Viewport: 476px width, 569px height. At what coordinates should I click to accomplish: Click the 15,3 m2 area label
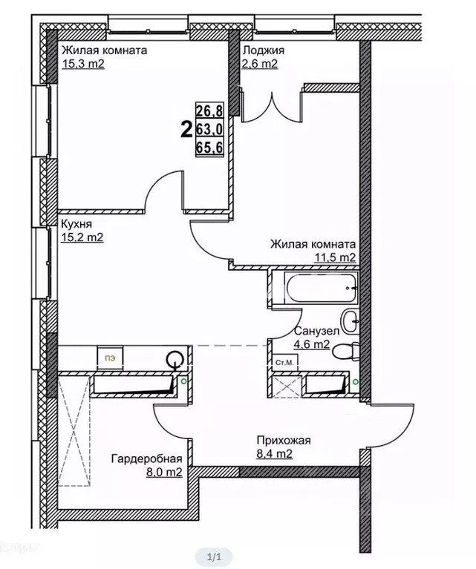click(83, 64)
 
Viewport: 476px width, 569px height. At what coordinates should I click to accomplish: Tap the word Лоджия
click(264, 50)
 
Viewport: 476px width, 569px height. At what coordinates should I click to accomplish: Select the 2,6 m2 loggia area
click(260, 64)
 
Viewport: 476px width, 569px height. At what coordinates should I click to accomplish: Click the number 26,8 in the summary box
click(209, 111)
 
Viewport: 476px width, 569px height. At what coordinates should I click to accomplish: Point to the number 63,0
click(209, 129)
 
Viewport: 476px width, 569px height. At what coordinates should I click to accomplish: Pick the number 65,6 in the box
click(209, 148)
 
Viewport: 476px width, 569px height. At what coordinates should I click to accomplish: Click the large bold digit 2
click(186, 130)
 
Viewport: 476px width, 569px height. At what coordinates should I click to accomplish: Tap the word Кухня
click(76, 223)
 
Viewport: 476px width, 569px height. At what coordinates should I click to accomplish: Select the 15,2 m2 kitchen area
click(82, 237)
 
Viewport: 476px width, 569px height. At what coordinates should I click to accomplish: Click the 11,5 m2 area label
click(335, 257)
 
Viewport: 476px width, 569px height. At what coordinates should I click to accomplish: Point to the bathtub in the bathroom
click(322, 288)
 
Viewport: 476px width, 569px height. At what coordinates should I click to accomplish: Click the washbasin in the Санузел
click(351, 320)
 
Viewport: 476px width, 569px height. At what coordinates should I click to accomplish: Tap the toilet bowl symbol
click(345, 351)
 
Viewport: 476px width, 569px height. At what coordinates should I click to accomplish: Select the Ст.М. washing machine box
click(285, 363)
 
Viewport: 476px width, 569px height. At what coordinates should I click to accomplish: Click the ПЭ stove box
click(110, 358)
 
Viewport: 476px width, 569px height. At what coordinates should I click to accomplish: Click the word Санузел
click(317, 331)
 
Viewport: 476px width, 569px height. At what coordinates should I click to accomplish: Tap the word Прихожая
click(284, 440)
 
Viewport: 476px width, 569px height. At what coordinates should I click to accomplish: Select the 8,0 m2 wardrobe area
click(164, 472)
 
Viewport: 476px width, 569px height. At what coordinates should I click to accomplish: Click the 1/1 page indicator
click(214, 556)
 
